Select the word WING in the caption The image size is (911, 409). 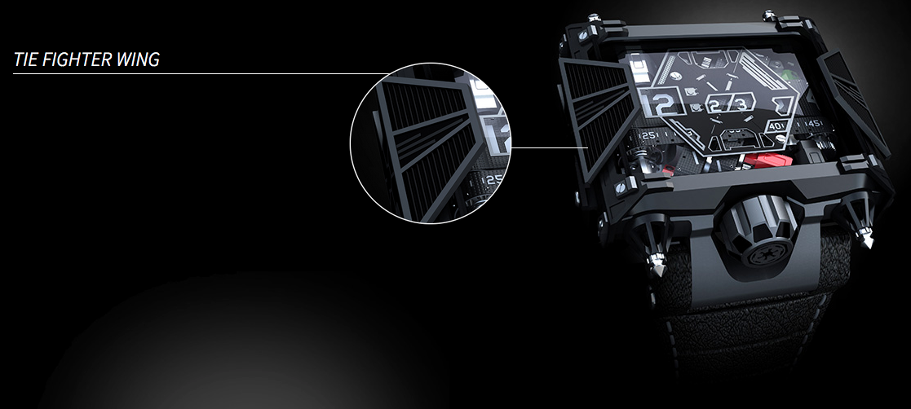139,59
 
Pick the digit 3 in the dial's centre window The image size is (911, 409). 741,103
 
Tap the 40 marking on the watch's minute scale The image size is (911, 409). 775,127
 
